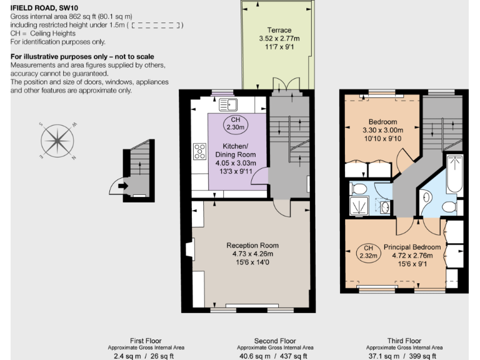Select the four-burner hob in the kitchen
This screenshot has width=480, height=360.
point(200,151)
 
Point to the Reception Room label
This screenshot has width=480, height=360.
point(252,245)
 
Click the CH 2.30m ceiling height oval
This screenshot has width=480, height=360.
point(235,123)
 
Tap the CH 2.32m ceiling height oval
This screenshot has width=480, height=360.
point(368,251)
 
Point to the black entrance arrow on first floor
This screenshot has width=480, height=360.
point(122,185)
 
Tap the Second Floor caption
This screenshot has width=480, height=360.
point(274,340)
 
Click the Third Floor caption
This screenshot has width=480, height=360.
point(404,340)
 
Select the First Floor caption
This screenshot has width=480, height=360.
point(146,340)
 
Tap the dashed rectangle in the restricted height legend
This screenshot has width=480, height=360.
point(156,25)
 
